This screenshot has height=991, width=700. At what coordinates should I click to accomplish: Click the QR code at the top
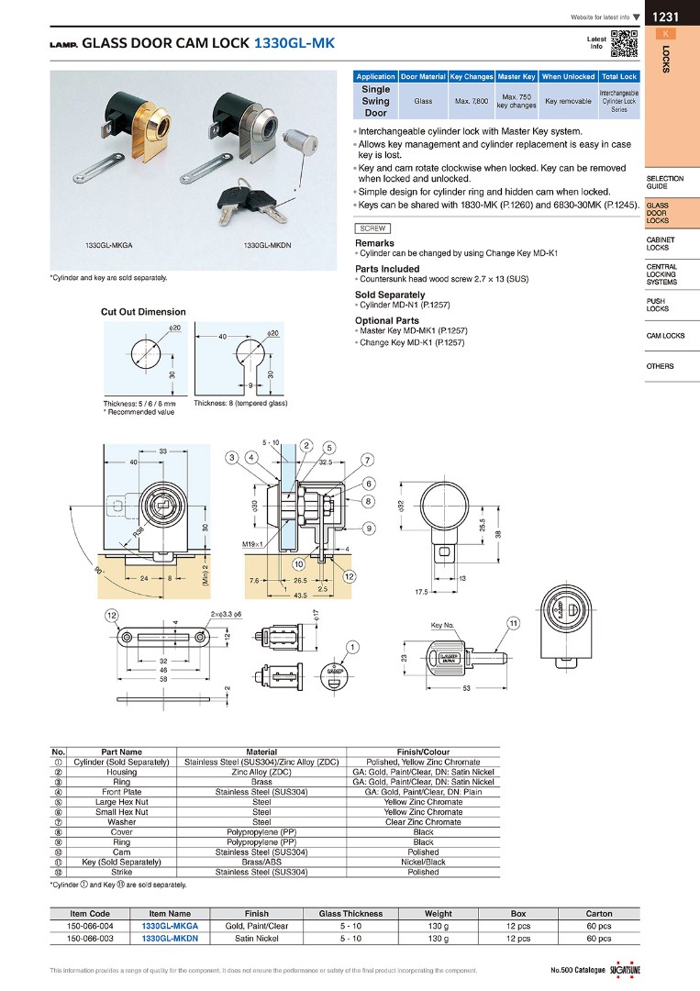point(624,43)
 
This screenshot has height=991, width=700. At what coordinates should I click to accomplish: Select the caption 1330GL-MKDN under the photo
point(268,246)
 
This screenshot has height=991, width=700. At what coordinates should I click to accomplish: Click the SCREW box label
point(373,228)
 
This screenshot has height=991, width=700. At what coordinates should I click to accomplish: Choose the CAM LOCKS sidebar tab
point(665,336)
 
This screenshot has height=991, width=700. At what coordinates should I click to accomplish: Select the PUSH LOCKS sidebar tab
point(657,305)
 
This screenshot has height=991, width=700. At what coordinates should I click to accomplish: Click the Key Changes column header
point(472,77)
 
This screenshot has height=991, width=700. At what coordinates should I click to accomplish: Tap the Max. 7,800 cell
point(472,101)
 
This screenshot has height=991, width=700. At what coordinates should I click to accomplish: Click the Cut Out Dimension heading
point(143,312)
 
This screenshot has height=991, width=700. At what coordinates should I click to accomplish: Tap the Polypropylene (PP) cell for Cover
point(261,832)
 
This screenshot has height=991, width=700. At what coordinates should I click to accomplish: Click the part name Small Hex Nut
point(122,812)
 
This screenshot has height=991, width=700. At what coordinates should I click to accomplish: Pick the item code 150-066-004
point(90,926)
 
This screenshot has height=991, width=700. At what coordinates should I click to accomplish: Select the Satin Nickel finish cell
point(256,939)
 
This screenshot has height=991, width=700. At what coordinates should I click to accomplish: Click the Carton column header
point(598,913)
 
